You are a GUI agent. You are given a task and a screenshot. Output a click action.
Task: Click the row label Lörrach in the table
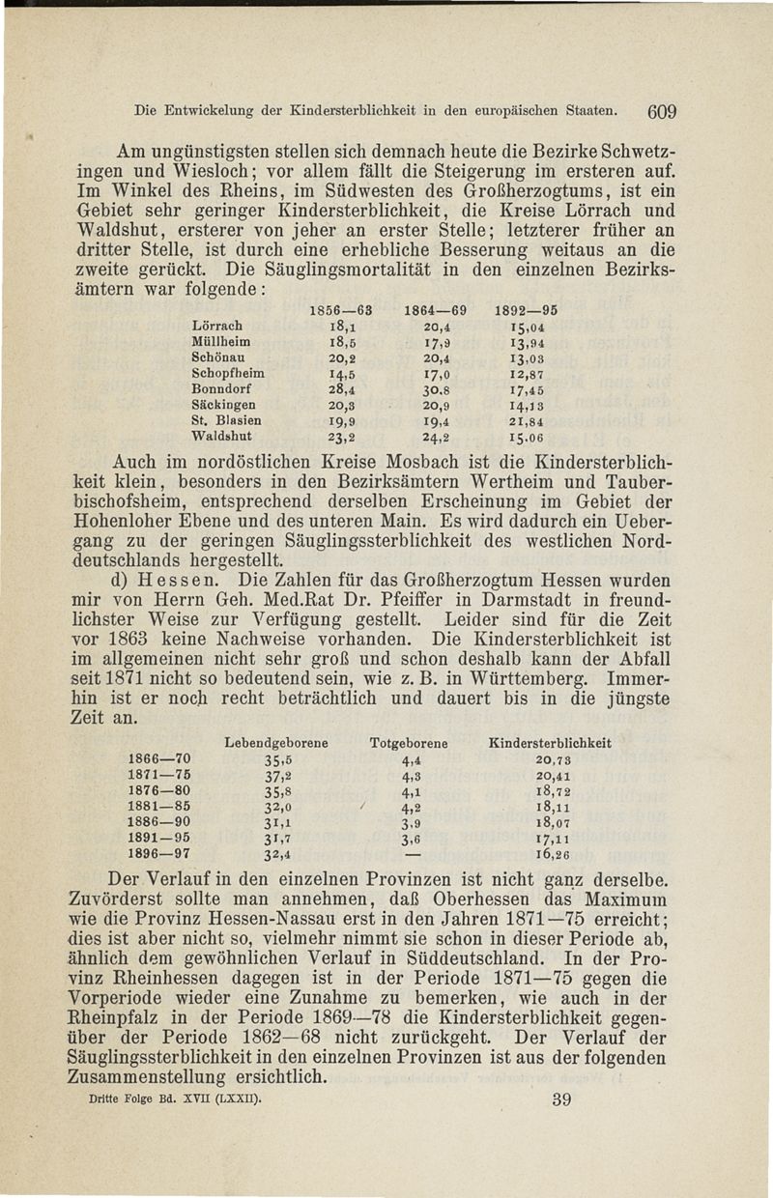[x=217, y=326]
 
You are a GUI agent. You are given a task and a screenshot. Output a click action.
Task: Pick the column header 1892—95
[x=526, y=310]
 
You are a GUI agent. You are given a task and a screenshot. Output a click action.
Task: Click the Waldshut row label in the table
[x=220, y=435]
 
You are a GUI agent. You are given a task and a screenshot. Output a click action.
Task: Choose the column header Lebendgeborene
[x=275, y=743]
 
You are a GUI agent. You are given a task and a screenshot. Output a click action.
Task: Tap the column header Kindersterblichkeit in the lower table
[x=551, y=743]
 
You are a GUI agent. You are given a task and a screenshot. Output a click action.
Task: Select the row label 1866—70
[x=155, y=759]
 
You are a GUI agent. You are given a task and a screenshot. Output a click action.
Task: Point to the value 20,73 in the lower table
[x=555, y=759]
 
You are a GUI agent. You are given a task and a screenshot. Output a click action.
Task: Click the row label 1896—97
[x=155, y=854]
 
